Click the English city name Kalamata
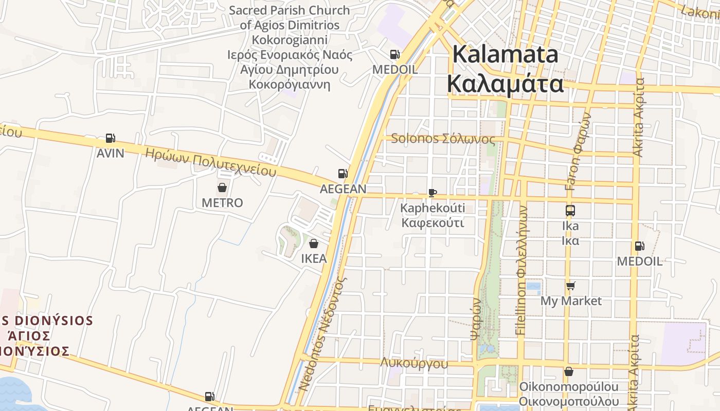pyautogui.click(x=505, y=54)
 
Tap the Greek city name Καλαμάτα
pyautogui.click(x=505, y=83)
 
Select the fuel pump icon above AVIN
pyautogui.click(x=110, y=138)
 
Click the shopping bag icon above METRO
pyautogui.click(x=222, y=188)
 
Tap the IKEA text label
pyautogui.click(x=314, y=258)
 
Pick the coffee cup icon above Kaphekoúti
pyautogui.click(x=433, y=193)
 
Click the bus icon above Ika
pyautogui.click(x=570, y=210)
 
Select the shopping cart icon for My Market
pyautogui.click(x=570, y=286)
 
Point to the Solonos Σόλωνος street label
pyautogui.click(x=443, y=139)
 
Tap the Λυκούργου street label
pyautogui.click(x=414, y=363)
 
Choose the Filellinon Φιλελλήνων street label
pyautogui.click(x=521, y=271)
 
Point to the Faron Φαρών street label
pyautogui.click(x=578, y=152)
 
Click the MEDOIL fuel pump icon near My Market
pyautogui.click(x=639, y=246)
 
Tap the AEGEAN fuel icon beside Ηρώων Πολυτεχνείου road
pyautogui.click(x=343, y=174)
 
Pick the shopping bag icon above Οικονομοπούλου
pyautogui.click(x=568, y=371)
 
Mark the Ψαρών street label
pyautogui.click(x=476, y=319)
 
